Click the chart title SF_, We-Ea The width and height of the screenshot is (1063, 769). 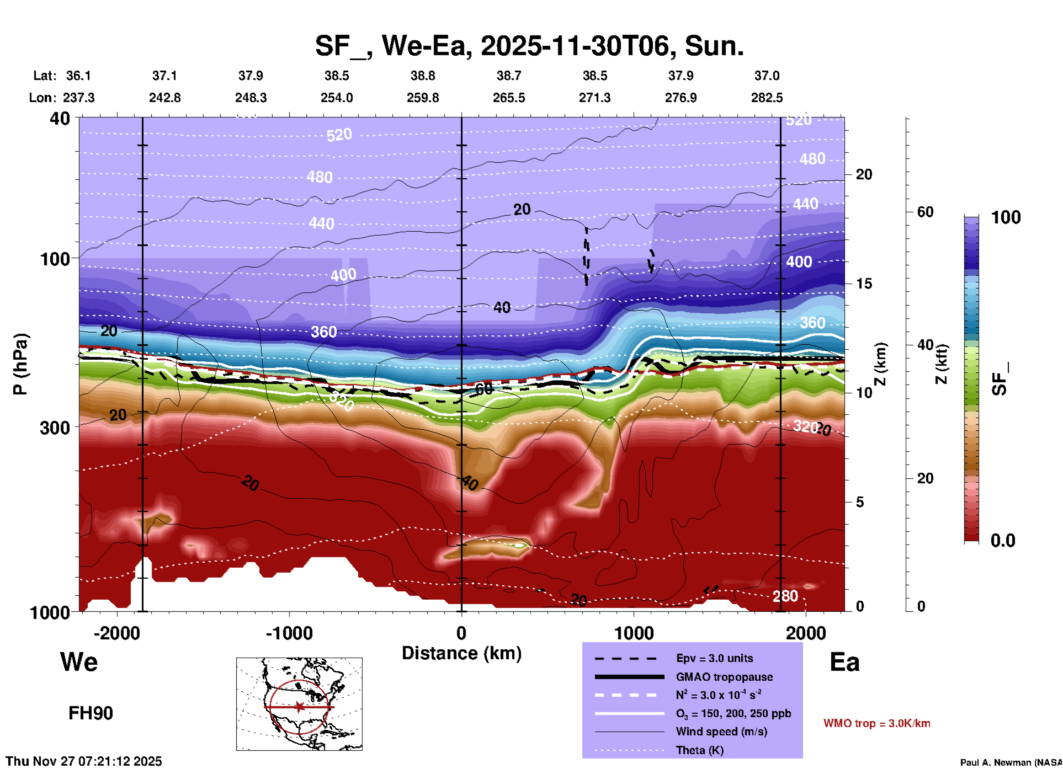(529, 46)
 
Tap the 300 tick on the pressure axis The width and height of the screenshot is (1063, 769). (55, 428)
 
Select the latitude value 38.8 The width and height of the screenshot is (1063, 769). (423, 76)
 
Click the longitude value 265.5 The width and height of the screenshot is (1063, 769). (509, 98)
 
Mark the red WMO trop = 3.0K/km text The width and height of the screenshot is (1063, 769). (876, 723)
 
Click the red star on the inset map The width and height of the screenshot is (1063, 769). (299, 707)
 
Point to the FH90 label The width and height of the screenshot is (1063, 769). (91, 713)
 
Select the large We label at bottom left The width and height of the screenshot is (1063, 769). (79, 662)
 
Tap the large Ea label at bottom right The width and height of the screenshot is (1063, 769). (844, 662)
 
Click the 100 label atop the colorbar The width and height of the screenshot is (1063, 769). (1006, 217)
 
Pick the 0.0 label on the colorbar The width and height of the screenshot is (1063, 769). (1003, 541)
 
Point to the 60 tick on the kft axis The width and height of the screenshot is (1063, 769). (924, 212)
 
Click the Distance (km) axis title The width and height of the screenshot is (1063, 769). (461, 653)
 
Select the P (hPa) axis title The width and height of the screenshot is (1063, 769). (20, 364)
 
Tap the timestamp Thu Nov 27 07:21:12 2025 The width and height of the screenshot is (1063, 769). (84, 761)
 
